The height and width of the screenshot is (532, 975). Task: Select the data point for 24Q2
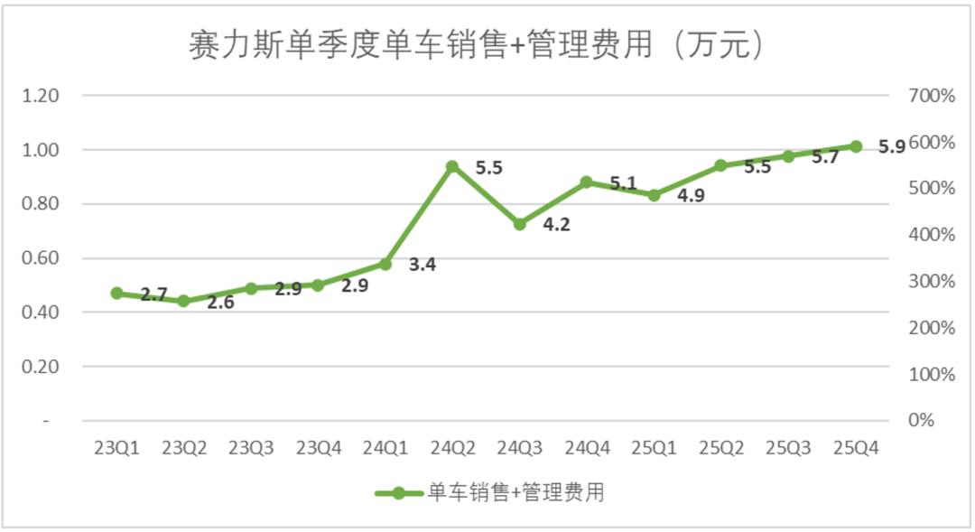point(452,166)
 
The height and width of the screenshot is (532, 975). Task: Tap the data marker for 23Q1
point(116,294)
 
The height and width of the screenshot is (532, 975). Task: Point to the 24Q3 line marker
point(519,224)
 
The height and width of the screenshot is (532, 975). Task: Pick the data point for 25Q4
point(856,146)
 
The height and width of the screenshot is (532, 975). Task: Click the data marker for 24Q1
point(385,265)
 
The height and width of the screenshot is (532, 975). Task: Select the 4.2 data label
point(556,225)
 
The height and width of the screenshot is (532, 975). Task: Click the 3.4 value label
point(422,266)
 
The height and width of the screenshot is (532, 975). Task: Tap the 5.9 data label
point(892,147)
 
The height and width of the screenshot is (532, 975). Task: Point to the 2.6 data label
point(220,303)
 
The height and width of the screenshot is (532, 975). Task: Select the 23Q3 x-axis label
point(251,448)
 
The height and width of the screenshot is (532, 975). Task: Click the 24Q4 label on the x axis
point(587,448)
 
